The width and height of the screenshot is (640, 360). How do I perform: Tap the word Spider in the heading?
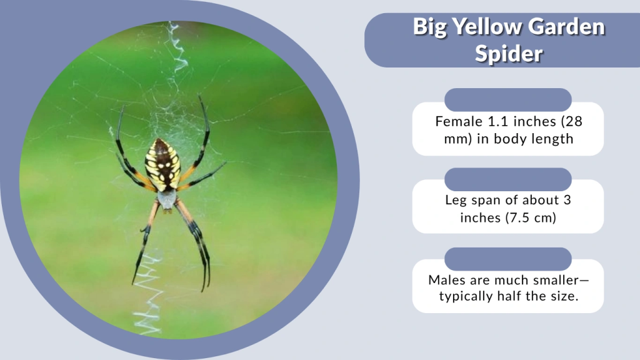508,53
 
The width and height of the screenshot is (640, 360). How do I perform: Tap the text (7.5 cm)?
530,217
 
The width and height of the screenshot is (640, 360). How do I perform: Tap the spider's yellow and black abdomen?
163,164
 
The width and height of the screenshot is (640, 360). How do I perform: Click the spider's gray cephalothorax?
166,199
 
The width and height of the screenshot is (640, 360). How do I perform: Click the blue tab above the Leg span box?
507,179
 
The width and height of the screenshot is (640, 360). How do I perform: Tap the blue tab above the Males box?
507,259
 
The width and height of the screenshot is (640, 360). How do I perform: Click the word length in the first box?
550,138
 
